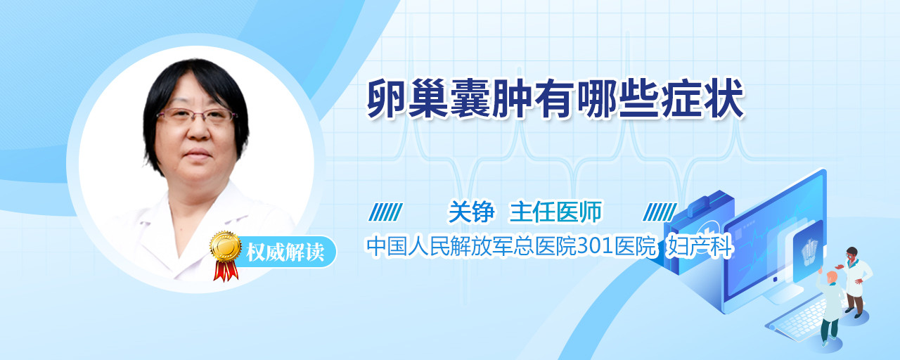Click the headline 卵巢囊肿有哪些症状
pos(556,99)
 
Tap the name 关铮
pos(471,212)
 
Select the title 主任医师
pos(555,212)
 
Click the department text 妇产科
pos(700,246)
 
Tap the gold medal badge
pos(226,245)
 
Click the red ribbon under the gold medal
pos(226,271)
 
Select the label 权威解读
pos(285,252)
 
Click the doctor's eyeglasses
pos(195,116)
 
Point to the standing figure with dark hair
pos(854,281)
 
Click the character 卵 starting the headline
pos(387,99)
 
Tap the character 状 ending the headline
pos(724,99)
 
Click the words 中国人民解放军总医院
pos(471,246)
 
